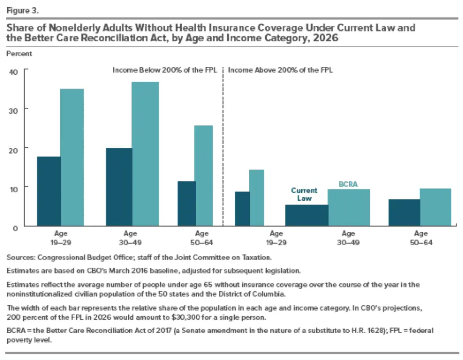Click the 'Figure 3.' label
click(21, 9)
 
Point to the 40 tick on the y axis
click(13, 71)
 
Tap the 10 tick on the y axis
click(13, 188)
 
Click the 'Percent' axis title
click(19, 53)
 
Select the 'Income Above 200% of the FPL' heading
click(280, 70)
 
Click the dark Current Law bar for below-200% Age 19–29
click(49, 191)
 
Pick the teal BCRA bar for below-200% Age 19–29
click(72, 157)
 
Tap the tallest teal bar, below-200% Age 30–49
click(131, 153)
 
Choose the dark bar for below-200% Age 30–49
click(118, 186)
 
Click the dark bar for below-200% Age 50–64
click(186, 203)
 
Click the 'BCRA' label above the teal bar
click(348, 183)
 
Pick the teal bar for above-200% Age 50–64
click(435, 207)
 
